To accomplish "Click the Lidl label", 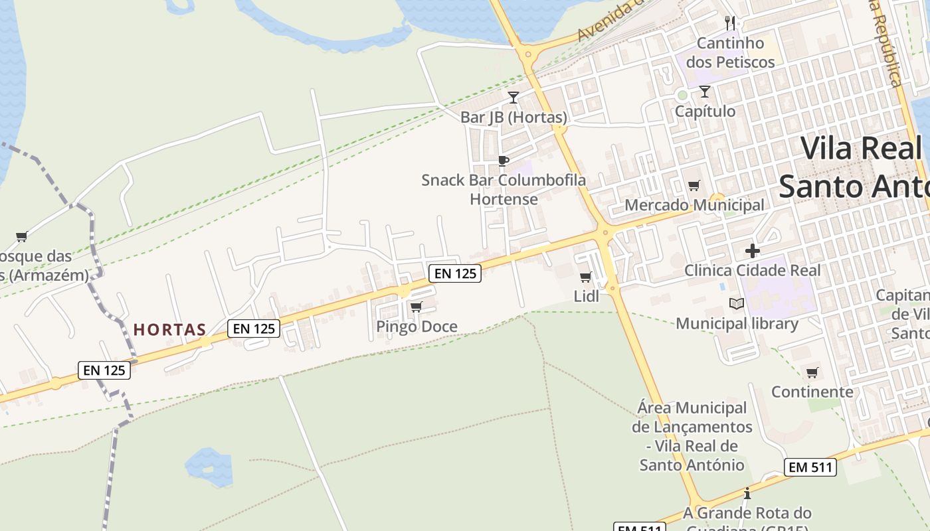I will click(x=586, y=296).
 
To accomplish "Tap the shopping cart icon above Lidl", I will click(x=585, y=277).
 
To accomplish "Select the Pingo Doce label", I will click(x=417, y=327).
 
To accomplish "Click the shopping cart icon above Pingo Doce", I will click(x=417, y=307).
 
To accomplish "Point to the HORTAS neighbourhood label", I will click(x=169, y=329).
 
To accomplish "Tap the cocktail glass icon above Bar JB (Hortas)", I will click(x=513, y=98).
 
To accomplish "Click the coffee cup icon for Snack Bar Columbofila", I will click(x=504, y=161).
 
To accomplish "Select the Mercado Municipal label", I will click(x=694, y=205).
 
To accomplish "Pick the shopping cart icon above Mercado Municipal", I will click(x=694, y=186).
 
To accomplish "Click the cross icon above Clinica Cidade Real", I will click(x=752, y=251).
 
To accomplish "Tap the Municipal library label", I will click(x=737, y=323).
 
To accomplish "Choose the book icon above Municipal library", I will click(x=737, y=304).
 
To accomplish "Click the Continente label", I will click(x=812, y=392).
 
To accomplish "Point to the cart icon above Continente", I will click(x=812, y=372).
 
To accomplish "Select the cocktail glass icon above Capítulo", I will click(x=705, y=92).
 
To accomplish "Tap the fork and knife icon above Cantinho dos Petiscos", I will click(x=731, y=23).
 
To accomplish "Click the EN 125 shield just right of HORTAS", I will click(x=254, y=328).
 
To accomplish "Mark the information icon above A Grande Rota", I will click(x=747, y=494).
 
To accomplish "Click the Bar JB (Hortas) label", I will click(x=513, y=117).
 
